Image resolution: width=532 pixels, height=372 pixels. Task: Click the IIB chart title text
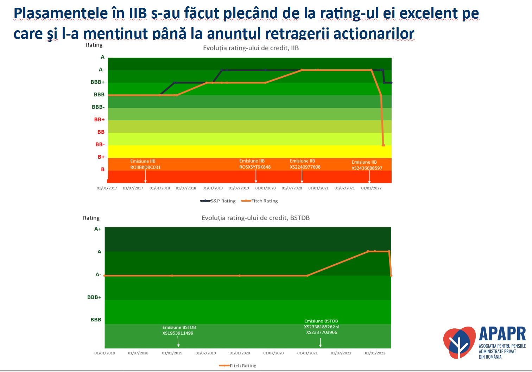[251, 48]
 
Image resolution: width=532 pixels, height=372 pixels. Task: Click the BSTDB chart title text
[255, 218]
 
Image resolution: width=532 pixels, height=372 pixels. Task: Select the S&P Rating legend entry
[218, 201]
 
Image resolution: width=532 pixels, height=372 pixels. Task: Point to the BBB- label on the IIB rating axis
[98, 107]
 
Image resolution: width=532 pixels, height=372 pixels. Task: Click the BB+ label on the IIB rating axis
[99, 120]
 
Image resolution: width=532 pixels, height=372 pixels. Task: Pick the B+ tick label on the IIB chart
[101, 157]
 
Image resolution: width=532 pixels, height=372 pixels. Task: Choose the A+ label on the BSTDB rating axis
[97, 229]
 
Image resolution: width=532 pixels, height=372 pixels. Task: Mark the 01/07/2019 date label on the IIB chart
[239, 188]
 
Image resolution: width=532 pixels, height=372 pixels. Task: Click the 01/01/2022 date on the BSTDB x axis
[375, 353]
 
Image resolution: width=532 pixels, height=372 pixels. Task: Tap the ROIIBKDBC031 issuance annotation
[145, 167]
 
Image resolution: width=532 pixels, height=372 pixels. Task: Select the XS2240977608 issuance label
[305, 167]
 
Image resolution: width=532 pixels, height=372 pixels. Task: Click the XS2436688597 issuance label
[367, 168]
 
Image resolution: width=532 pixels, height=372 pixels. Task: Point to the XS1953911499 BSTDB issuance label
[178, 333]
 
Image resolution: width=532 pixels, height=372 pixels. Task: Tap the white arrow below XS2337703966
[320, 342]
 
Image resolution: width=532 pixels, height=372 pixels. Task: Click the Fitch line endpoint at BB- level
[384, 145]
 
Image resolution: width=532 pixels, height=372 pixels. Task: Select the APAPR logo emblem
[459, 342]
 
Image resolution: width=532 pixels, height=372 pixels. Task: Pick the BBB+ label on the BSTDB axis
[94, 297]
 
